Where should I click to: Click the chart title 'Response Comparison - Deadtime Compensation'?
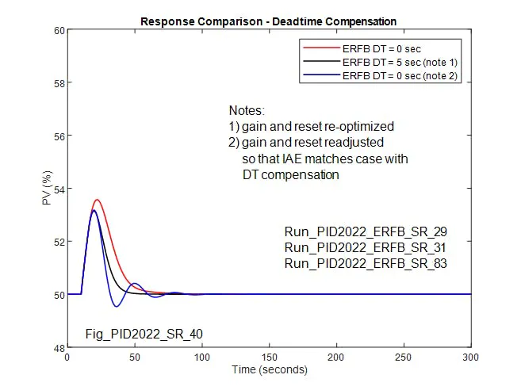pos(268,21)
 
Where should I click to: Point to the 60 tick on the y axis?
pos(59,31)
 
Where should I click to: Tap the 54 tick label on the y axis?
pos(59,189)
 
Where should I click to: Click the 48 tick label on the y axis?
pos(59,346)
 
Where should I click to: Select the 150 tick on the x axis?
pos(270,357)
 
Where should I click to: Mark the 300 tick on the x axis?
pos(471,357)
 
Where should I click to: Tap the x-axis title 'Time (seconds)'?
pos(269,370)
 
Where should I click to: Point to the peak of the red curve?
pos(97,200)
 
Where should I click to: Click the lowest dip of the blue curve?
pos(117,307)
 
